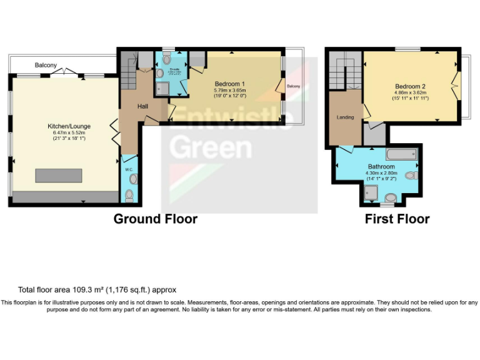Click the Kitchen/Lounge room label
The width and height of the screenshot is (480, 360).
64,126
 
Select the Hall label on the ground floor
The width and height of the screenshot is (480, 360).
142,106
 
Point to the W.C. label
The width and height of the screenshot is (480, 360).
129,169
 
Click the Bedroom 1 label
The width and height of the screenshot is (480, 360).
229,84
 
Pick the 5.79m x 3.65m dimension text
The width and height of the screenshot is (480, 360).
229,91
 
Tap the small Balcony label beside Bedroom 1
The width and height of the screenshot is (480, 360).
293,86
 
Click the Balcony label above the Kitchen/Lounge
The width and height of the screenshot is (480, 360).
46,65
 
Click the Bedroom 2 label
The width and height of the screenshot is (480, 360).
410,86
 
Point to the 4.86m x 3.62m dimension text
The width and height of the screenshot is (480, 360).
410,93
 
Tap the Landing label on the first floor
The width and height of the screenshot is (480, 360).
345,117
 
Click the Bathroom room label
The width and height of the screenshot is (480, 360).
381,167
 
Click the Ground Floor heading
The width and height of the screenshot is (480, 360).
155,219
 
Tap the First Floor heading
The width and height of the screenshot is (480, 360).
397,219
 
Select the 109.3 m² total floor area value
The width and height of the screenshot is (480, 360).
82,290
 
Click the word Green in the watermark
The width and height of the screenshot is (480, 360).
211,147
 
